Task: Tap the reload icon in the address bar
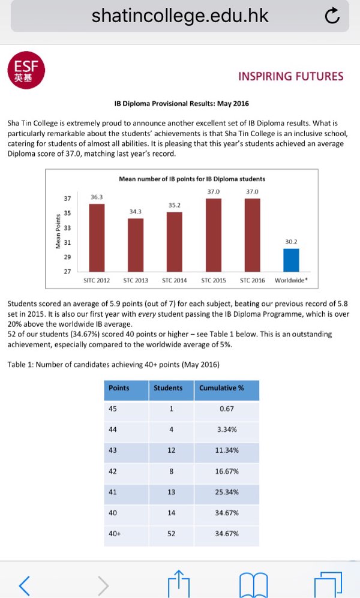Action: [332, 17]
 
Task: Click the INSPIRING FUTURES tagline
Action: [290, 76]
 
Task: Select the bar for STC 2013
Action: [136, 245]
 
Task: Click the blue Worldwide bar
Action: [291, 260]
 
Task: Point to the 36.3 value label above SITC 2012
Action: [97, 197]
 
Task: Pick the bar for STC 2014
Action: [174, 242]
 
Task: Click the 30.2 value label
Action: [291, 242]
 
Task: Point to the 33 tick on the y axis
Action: [67, 228]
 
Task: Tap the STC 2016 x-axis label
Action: [252, 280]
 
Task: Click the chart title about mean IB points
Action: [192, 179]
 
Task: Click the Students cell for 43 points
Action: [171, 450]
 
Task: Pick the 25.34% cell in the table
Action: [227, 492]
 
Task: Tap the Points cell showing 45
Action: [113, 409]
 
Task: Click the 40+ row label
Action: [115, 533]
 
